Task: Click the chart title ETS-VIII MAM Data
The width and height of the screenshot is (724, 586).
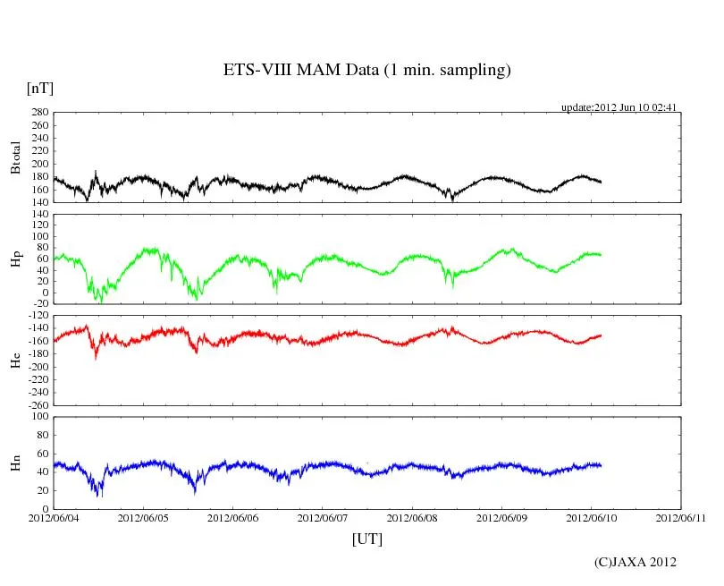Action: point(366,71)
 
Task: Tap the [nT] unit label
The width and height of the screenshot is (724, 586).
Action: point(39,89)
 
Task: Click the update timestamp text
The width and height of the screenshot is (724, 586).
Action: point(619,107)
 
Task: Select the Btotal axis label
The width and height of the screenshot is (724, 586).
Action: point(15,157)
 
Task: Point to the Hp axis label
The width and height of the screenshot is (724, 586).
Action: point(15,259)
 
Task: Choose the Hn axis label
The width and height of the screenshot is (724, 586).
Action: point(15,463)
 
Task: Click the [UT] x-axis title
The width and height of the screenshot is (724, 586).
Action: point(366,539)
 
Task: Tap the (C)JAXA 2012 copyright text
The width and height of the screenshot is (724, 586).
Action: point(636,562)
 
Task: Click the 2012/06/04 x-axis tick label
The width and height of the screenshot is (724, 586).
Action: point(54,517)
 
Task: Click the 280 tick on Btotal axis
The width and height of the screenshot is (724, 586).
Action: point(38,113)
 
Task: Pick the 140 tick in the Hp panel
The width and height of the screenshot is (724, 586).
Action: point(38,216)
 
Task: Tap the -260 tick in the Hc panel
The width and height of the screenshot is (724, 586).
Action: point(36,405)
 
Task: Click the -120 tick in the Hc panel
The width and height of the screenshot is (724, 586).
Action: point(36,317)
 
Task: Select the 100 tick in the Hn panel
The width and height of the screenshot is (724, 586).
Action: point(38,417)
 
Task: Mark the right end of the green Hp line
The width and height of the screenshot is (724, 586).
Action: point(601,255)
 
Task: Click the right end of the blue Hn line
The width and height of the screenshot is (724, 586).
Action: point(601,465)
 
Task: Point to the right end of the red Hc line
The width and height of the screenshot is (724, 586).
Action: point(601,335)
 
